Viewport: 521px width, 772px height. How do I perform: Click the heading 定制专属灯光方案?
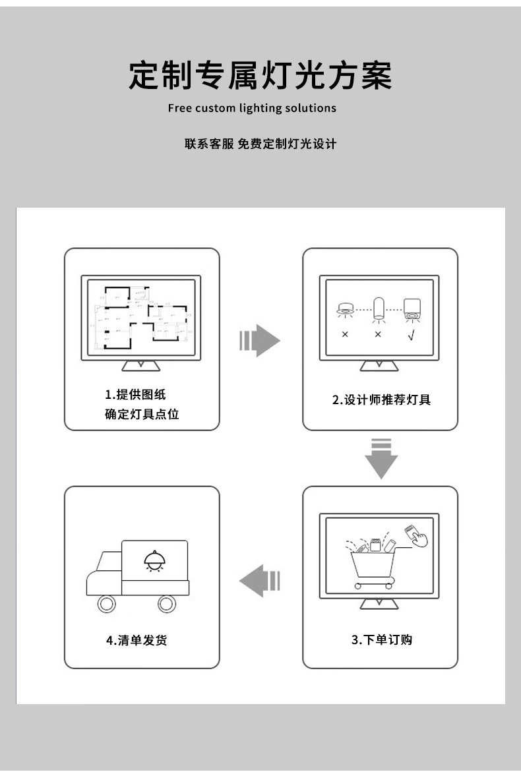click(260, 76)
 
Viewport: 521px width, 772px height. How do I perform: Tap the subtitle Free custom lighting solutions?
click(252, 108)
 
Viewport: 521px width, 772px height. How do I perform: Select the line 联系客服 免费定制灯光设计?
click(260, 144)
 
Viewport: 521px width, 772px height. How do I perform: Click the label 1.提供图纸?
click(135, 394)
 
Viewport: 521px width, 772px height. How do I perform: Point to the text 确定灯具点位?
click(142, 415)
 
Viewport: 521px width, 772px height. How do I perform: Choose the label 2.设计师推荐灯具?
click(381, 400)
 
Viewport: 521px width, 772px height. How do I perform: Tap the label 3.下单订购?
click(381, 639)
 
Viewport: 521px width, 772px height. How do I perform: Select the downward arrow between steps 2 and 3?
click(381, 458)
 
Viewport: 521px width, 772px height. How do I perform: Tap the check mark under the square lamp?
click(412, 334)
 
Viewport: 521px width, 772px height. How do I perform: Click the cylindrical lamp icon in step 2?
click(378, 309)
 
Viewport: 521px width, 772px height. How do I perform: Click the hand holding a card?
click(416, 536)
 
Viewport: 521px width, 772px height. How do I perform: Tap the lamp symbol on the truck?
click(154, 561)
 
